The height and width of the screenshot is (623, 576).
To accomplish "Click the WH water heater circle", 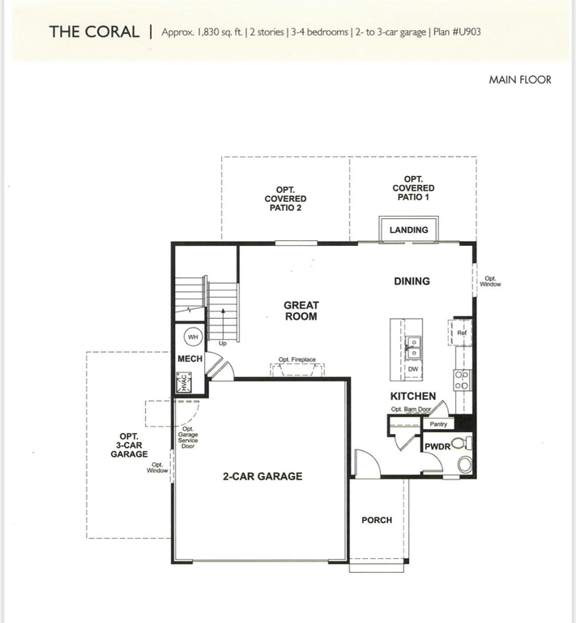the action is [x=193, y=337].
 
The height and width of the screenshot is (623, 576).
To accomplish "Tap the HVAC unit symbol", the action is [x=184, y=382].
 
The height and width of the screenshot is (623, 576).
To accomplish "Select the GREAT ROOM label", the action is [x=301, y=311].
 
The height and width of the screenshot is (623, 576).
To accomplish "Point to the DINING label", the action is [x=412, y=281].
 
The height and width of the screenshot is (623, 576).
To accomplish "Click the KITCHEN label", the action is [x=413, y=396].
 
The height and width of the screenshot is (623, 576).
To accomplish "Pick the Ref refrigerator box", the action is [x=461, y=333].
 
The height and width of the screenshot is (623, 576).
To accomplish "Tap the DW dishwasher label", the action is [x=413, y=369].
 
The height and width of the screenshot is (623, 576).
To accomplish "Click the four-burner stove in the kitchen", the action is [x=462, y=380].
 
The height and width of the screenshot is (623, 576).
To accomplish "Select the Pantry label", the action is [x=438, y=424].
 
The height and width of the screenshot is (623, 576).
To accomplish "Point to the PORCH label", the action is [x=377, y=520].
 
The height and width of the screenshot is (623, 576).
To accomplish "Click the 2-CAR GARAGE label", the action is [x=262, y=476].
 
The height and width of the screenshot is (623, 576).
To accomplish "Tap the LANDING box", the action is [x=408, y=229].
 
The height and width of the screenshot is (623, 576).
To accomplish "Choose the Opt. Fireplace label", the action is [x=297, y=359].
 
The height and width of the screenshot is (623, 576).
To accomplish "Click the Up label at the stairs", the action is [x=223, y=343].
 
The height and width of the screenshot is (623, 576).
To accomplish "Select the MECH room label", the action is [x=190, y=359].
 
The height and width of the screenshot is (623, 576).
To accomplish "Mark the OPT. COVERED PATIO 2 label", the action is [x=285, y=199].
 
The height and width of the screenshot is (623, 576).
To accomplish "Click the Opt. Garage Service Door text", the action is [x=188, y=437].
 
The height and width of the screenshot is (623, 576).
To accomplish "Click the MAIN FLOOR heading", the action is [x=520, y=79].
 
